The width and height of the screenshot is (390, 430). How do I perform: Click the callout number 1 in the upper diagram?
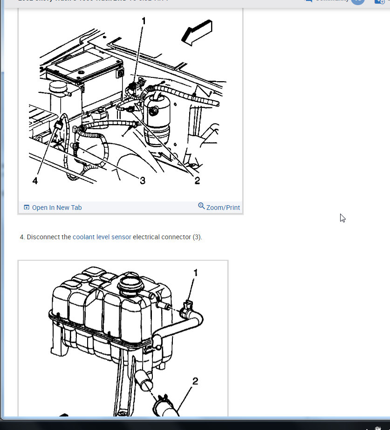[x=144, y=21]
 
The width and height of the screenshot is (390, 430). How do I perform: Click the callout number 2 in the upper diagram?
[x=197, y=180]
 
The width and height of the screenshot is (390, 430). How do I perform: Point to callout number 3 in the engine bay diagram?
[x=143, y=180]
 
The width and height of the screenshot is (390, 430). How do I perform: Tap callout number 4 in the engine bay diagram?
[x=35, y=180]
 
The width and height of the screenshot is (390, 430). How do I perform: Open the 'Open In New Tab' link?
[x=56, y=208]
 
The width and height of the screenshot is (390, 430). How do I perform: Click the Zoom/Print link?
[x=223, y=208]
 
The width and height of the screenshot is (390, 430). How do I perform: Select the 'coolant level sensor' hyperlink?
[x=102, y=237]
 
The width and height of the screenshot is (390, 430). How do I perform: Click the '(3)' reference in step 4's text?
[x=197, y=237]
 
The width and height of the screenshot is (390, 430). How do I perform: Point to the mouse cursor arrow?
[x=342, y=218]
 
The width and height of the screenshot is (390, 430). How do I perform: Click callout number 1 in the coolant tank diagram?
[x=196, y=273]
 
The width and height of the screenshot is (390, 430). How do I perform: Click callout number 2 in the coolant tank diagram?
[x=195, y=381]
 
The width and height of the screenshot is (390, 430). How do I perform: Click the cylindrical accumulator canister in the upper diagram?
[x=157, y=119]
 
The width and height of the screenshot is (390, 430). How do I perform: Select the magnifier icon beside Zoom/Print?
[x=201, y=206]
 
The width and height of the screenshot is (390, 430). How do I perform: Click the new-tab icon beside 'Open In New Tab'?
[x=27, y=208]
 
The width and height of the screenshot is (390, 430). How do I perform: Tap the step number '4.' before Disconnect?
[x=22, y=237]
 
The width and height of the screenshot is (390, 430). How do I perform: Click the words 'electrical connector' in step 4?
[x=162, y=237]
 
